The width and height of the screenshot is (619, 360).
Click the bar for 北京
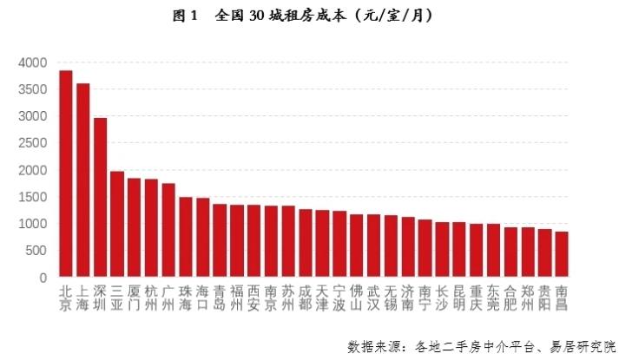65,173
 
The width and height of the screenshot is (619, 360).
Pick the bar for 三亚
117,225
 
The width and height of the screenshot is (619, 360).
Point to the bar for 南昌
562,255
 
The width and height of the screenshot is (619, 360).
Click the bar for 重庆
477,251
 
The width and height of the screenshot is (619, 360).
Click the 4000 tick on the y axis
32,62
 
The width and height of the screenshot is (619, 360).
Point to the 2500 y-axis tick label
32,143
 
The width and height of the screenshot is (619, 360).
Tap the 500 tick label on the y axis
36,251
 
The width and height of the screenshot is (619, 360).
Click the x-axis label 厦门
134,298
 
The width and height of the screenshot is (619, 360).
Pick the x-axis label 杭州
151,298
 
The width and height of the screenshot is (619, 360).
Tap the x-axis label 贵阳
545,298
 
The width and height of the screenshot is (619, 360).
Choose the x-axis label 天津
323,298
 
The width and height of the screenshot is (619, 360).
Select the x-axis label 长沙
443,298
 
